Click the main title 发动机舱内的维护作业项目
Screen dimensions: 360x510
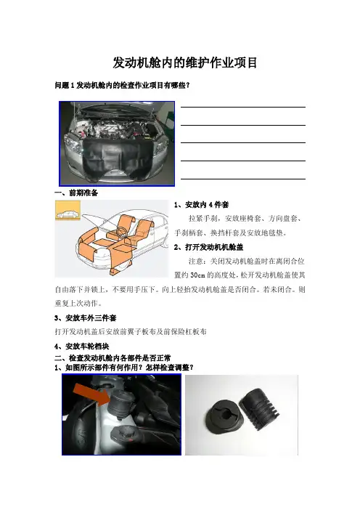point(185,62)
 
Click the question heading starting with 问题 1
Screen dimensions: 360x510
point(122,86)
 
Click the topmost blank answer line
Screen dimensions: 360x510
point(243,107)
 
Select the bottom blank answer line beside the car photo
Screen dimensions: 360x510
point(243,179)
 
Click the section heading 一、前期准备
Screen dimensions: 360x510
point(76,193)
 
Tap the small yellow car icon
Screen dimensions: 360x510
point(68,211)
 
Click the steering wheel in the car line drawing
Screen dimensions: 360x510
point(121,231)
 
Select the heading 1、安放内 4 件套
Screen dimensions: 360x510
point(202,205)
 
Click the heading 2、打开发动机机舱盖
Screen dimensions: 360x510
point(208,247)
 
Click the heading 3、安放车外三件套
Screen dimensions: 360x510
point(86,317)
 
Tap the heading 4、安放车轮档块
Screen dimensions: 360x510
point(82,347)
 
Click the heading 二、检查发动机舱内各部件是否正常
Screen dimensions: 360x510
point(112,358)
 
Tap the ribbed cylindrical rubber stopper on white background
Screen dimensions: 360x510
point(260,408)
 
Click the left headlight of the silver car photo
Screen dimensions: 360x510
point(73,144)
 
